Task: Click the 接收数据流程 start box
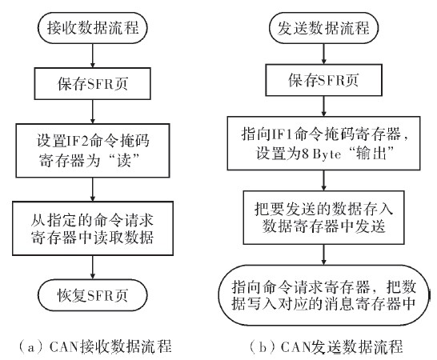[93, 28]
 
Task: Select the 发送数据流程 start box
[323, 28]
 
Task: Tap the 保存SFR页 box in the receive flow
[93, 83]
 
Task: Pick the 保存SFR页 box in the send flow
[323, 80]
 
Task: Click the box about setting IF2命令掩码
[93, 150]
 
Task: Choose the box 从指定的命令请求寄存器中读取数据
[93, 229]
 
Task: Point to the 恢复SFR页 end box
[93, 295]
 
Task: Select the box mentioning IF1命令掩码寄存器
[323, 143]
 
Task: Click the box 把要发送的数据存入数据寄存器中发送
[323, 218]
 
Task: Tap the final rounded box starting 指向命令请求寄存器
[323, 295]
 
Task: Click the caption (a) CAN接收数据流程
[94, 346]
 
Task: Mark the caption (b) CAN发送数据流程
[326, 347]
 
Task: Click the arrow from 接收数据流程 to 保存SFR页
[93, 56]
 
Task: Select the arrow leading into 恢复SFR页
[93, 267]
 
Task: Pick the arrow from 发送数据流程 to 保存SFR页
[323, 54]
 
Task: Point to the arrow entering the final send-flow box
[323, 254]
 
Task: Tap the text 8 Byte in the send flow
[321, 154]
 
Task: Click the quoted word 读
[124, 161]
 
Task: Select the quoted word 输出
[371, 153]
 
